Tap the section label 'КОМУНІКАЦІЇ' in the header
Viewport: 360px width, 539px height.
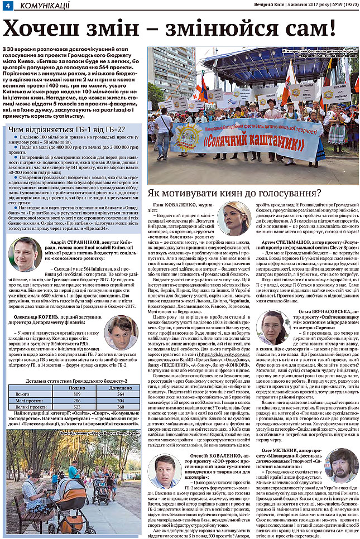45,6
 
